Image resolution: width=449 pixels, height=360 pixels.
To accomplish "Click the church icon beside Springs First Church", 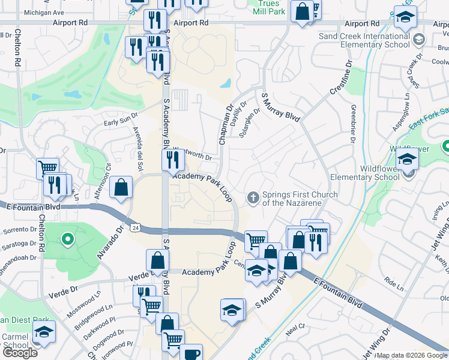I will pos(253,197).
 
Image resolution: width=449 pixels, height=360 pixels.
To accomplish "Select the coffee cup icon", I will pos(191,354).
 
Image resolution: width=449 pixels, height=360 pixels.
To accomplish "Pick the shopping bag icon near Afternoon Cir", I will pos(121,187).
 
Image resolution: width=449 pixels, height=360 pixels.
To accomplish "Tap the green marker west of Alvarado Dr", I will pos(68,239).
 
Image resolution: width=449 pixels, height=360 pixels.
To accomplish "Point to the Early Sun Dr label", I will pos(121,123).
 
